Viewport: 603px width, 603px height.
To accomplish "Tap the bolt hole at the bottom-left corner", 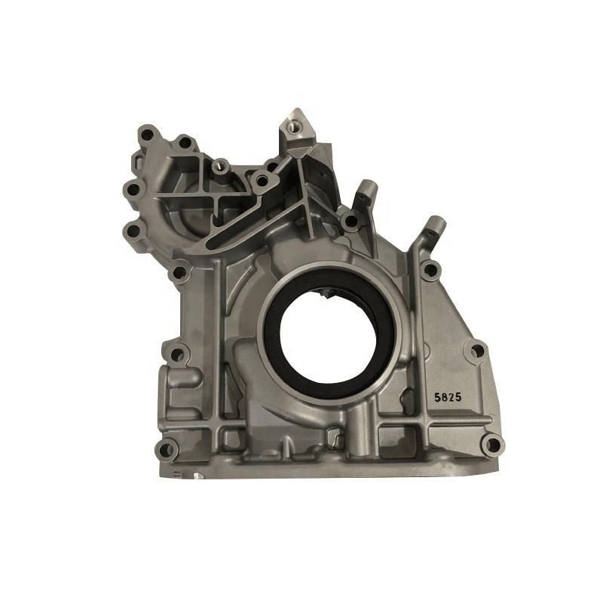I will coord(166,450).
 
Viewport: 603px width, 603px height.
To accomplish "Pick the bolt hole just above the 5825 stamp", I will coord(476,350).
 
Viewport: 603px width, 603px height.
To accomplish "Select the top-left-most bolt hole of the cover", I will coord(146,135).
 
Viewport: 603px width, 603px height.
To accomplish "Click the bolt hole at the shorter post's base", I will coord(349,221).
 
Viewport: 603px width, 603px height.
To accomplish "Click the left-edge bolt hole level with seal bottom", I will coord(177,353).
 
